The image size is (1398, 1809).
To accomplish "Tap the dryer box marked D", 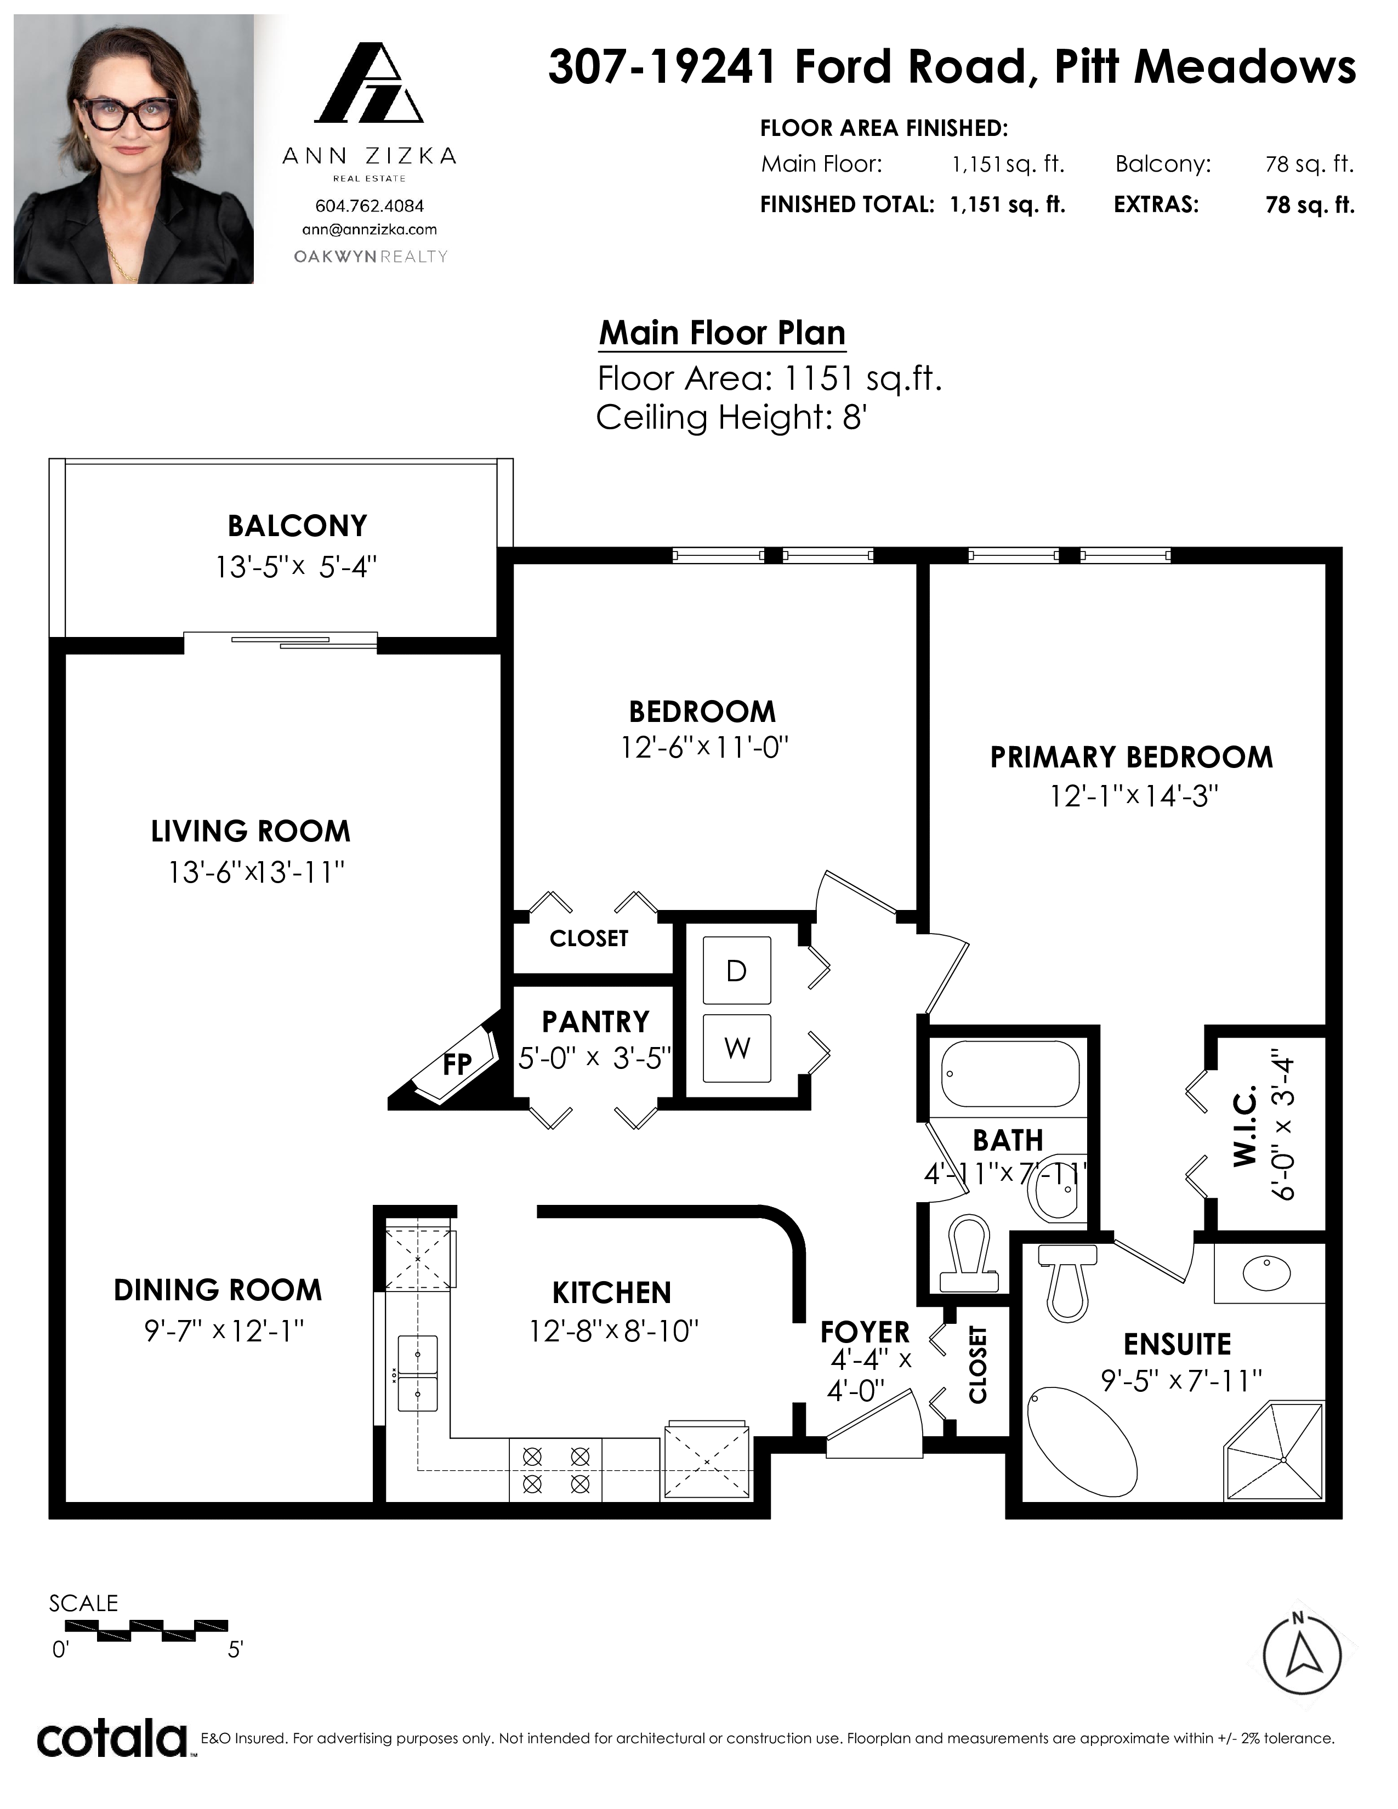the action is pyautogui.click(x=736, y=970).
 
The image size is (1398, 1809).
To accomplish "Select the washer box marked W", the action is pyautogui.click(x=736, y=1048).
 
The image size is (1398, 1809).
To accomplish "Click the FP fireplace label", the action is pyautogui.click(x=457, y=1065).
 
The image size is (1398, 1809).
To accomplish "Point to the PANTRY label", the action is pyautogui.click(x=595, y=1022).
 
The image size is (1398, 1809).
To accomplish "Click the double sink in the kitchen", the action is pyautogui.click(x=417, y=1373).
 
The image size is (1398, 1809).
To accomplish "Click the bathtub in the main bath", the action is pyautogui.click(x=1010, y=1073).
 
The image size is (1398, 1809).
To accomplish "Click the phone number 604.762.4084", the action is pyautogui.click(x=370, y=206).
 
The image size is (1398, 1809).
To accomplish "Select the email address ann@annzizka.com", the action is pyautogui.click(x=370, y=230).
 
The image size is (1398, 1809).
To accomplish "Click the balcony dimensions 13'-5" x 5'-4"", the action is pyautogui.click(x=297, y=567).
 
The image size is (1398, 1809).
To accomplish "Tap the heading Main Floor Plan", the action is pyautogui.click(x=722, y=333).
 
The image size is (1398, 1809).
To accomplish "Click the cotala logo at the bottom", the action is pyautogui.click(x=112, y=1739).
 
